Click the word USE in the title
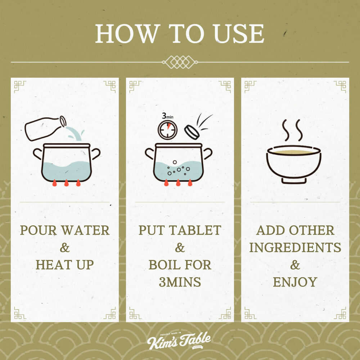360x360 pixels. (239, 33)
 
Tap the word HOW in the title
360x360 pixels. (128, 33)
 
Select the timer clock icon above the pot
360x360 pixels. (168, 130)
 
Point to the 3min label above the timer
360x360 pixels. (168, 116)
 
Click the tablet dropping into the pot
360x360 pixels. (192, 132)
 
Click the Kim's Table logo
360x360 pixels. (179, 341)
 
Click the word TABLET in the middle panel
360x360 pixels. (195, 230)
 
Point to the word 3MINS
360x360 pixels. (180, 282)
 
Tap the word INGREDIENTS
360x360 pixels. (295, 248)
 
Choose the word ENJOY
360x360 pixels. (295, 282)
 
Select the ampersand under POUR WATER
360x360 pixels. (64, 248)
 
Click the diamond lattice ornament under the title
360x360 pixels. (180, 62)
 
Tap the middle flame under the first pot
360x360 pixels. (66, 183)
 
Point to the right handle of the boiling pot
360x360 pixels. (208, 153)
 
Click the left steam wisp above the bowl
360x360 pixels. (285, 130)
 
